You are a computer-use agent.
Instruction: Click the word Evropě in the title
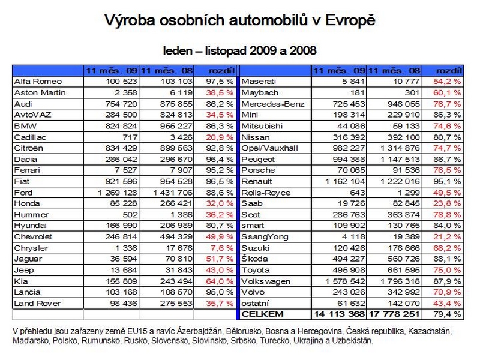[x=350, y=21]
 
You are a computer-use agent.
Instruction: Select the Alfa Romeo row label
[x=38, y=82]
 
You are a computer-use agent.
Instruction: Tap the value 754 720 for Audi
[x=121, y=104]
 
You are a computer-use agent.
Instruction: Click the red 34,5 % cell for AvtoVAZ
[x=220, y=115]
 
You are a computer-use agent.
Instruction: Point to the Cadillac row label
[x=30, y=137]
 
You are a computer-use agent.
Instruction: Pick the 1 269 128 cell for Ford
[x=118, y=193]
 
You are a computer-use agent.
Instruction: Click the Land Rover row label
[x=37, y=304]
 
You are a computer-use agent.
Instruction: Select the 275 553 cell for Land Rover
[x=176, y=304]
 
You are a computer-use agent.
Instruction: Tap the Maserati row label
[x=259, y=82]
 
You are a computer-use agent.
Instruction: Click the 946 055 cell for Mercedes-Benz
[x=403, y=104]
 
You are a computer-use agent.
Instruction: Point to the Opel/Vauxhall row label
[x=269, y=148]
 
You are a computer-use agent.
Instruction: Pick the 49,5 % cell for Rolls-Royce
[x=447, y=193]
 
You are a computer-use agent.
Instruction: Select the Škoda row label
[x=254, y=259]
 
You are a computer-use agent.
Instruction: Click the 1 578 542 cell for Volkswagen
[x=345, y=281]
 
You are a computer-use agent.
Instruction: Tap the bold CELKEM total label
[x=262, y=314]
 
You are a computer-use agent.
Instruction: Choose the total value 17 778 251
[x=394, y=314]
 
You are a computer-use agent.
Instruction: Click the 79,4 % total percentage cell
[x=447, y=314]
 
